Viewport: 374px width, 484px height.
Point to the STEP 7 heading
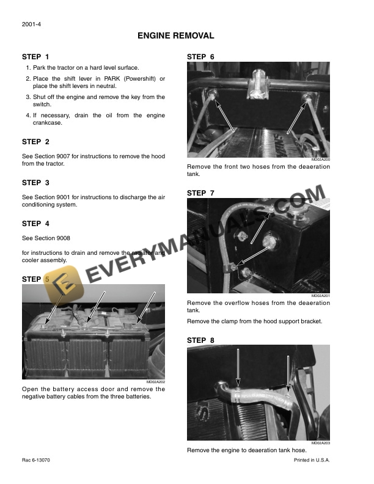(x=200, y=193)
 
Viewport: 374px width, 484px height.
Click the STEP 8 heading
(x=200, y=340)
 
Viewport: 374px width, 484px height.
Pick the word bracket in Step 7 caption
(x=310, y=321)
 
